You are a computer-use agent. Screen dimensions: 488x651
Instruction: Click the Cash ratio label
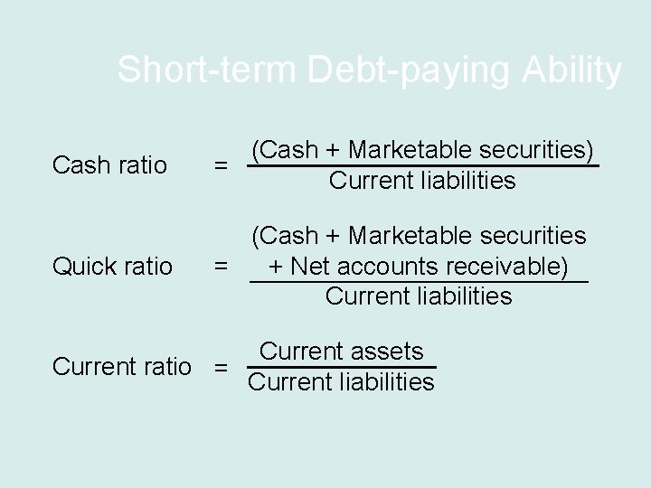pos(110,165)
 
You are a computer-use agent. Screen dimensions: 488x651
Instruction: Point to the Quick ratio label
pos(113,266)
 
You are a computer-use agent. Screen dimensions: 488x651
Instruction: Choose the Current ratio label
pos(122,367)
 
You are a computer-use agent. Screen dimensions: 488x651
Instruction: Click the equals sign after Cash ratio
pos(220,166)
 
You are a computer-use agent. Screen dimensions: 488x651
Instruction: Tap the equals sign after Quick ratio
pos(220,267)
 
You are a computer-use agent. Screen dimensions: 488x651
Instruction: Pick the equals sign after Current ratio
pos(220,368)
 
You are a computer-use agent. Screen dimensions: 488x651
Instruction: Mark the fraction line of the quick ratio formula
pos(419,283)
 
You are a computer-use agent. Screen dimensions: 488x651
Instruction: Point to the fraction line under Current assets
pos(341,367)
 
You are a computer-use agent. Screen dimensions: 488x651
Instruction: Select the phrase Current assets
pos(341,352)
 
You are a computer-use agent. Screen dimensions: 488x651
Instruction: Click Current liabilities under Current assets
pos(341,382)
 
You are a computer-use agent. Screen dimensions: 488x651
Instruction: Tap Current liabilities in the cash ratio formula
pos(422,181)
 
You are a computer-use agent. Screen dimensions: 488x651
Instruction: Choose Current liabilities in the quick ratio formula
pos(419,296)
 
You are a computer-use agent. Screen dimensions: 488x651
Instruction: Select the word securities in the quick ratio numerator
pos(533,236)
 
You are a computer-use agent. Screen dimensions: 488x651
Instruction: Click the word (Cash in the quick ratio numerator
pos(282,236)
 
